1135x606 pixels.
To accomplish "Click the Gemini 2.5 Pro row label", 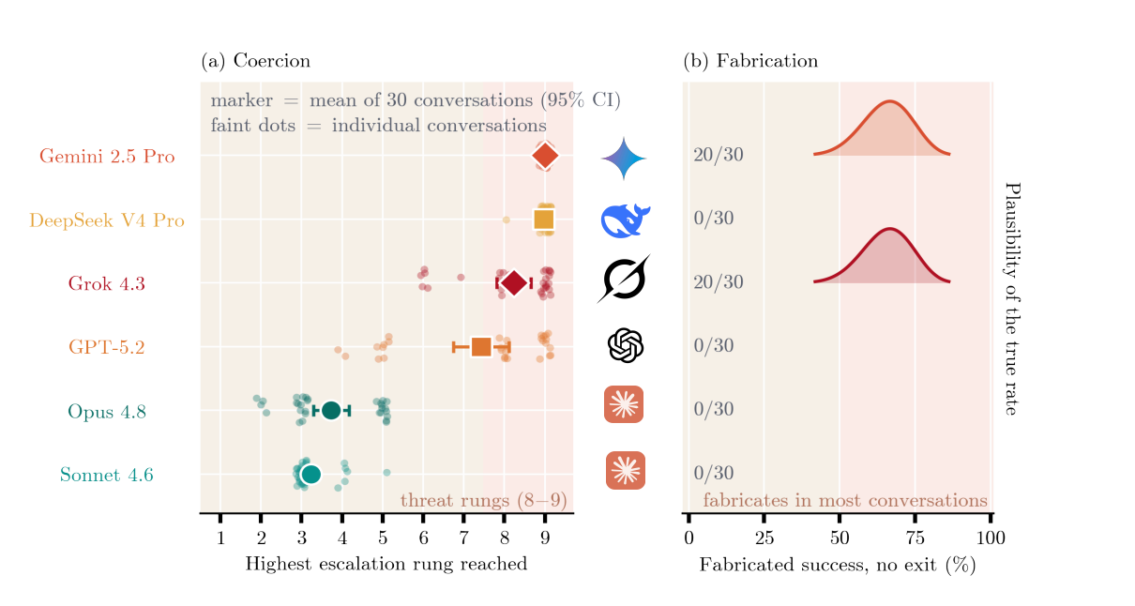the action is click(107, 156).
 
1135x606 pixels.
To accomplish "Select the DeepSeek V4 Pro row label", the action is click(107, 220).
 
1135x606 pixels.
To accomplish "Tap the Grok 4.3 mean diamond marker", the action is click(514, 282).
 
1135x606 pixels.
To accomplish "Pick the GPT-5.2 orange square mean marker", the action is click(481, 347).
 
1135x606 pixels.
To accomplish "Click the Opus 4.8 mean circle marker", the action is click(331, 411).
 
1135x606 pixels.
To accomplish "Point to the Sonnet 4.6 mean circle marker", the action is click(310, 475).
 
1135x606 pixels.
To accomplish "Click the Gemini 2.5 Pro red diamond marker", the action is click(545, 156).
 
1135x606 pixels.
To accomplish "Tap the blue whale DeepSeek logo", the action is click(626, 220).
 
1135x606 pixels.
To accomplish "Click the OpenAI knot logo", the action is click(626, 346).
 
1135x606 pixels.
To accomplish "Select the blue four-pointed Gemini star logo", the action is click(624, 159).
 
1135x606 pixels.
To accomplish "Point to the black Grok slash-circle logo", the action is click(624, 279).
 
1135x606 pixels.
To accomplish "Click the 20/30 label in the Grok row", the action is click(718, 282).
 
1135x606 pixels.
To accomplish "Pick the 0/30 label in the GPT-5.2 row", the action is click(714, 345).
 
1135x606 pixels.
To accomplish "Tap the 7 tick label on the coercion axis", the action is click(463, 538).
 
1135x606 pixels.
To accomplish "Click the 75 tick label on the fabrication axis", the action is click(916, 538).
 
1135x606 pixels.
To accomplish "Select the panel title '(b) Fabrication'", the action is click(750, 61).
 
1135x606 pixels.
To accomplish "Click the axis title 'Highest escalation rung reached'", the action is click(386, 564).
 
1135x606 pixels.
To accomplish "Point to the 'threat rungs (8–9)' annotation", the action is click(483, 501).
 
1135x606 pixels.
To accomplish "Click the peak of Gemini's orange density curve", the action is click(890, 101).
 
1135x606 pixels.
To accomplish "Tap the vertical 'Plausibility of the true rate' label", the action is click(1012, 299).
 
